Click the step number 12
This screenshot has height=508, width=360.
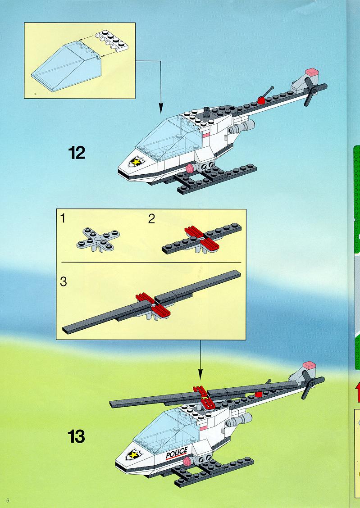coord(77,153)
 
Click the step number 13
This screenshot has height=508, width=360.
coord(77,436)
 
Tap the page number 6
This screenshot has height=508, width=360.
coord(8,500)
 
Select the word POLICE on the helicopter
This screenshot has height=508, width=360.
coord(177,453)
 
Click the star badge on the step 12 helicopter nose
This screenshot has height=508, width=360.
coord(136,161)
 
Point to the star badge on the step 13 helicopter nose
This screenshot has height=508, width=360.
coord(134,454)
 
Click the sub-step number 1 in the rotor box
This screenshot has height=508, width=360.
coord(63,218)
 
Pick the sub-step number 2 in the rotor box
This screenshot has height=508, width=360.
coord(151,219)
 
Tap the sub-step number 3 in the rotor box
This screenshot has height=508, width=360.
coord(64,281)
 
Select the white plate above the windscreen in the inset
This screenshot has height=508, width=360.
coord(111,40)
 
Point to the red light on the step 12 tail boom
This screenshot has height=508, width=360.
coord(261,100)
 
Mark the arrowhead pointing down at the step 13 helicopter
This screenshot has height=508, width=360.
coord(200,375)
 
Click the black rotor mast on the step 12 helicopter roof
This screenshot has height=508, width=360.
coord(206,113)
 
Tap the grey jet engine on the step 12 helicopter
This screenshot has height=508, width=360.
coord(242,127)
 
